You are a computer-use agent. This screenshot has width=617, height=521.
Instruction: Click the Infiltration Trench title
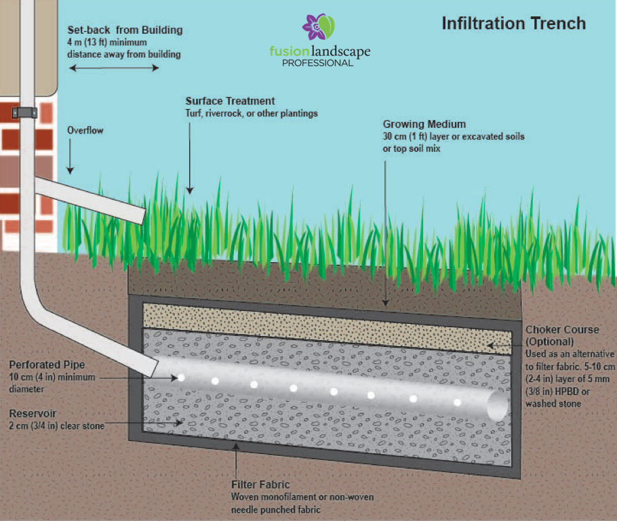513,23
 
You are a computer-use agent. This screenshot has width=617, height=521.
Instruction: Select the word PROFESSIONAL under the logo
318,63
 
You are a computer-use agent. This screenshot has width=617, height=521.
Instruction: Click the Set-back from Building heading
125,31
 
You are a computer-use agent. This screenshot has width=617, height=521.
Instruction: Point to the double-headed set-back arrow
115,68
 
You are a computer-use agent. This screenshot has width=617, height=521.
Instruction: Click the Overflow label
85,130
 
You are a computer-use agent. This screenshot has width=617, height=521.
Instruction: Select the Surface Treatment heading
230,102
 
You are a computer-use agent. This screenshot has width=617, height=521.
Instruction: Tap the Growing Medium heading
424,125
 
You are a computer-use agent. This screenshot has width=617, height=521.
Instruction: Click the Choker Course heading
562,330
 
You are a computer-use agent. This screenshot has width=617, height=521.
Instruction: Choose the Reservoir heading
32,413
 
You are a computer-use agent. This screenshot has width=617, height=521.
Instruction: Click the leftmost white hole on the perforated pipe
181,377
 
